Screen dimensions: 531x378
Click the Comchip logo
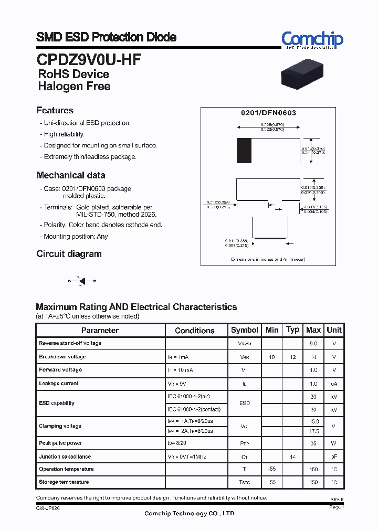312,39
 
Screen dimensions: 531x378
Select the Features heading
55,110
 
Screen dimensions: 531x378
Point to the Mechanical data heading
71,175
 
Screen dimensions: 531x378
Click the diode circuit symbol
81,282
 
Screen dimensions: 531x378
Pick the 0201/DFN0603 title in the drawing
268,113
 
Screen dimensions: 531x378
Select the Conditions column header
195,331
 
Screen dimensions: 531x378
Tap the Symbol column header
245,330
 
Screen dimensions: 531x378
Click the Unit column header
334,330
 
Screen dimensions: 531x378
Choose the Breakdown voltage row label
62,357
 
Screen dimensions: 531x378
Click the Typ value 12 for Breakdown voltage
292,357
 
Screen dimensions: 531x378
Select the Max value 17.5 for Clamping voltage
313,431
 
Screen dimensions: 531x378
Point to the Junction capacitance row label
65,456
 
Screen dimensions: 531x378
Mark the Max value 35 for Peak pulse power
313,443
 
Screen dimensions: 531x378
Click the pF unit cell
334,457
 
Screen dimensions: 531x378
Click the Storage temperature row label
64,482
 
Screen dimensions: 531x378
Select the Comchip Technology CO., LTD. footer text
190,513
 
